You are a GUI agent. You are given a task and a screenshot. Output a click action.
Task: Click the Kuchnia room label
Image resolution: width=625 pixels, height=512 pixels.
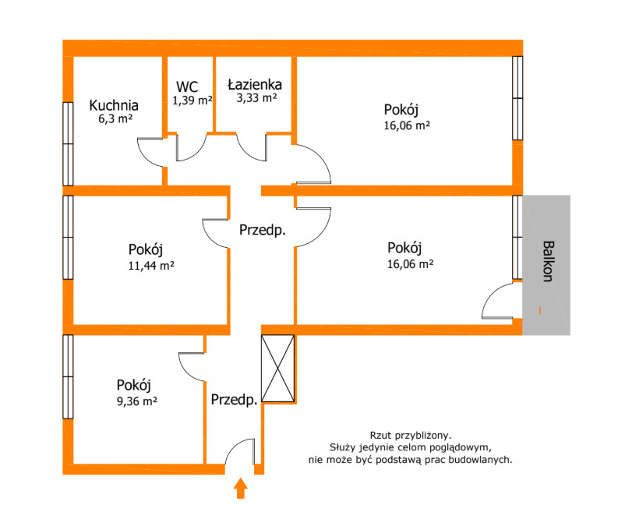[114, 105]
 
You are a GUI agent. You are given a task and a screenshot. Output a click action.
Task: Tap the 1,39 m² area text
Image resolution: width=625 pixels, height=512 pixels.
[192, 100]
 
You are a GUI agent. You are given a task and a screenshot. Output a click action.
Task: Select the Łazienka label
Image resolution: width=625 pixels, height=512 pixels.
[254, 84]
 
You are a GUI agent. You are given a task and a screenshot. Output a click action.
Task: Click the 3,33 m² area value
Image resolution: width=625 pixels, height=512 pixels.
[255, 98]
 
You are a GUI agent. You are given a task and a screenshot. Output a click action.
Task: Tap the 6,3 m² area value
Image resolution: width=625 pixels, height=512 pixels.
[114, 119]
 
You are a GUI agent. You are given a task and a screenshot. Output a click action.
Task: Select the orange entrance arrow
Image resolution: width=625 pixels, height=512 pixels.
[241, 489]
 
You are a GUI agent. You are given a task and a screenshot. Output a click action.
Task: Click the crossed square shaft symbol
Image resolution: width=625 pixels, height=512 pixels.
[278, 368]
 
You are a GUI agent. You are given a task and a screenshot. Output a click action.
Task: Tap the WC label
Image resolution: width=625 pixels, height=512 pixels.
[187, 86]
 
